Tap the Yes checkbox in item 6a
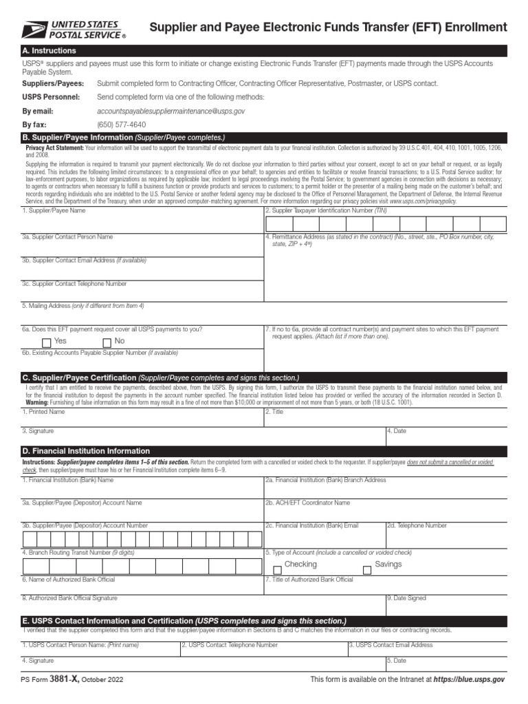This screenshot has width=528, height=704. tap(47, 342)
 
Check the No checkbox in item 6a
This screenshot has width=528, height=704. tap(107, 342)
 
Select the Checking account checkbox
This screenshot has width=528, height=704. tap(278, 569)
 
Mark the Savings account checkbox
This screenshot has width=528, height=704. tap(367, 569)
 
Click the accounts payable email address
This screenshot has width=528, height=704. tap(171, 111)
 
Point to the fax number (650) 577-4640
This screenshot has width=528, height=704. tap(122, 124)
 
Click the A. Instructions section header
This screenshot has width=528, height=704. tap(49, 51)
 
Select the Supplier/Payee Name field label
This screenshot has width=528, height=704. tap(54, 210)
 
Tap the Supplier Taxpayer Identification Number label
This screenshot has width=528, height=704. tap(327, 210)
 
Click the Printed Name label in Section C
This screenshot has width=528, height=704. tap(43, 412)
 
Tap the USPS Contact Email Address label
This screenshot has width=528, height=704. tap(390, 645)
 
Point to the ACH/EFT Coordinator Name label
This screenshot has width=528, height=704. tap(309, 503)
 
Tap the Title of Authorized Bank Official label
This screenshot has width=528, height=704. tap(309, 580)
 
